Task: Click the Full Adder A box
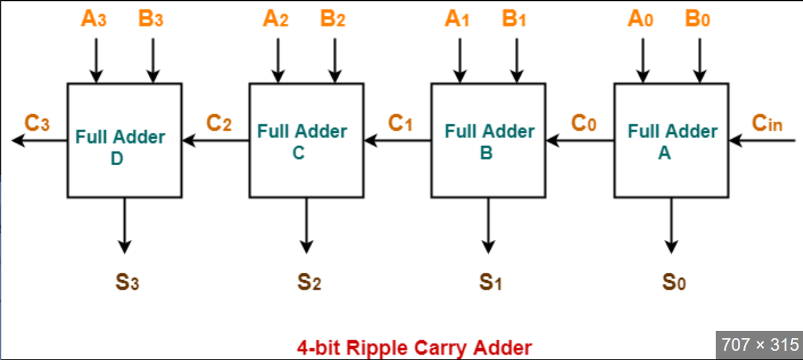click(x=671, y=140)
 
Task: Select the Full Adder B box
click(x=488, y=140)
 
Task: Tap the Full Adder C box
click(x=306, y=140)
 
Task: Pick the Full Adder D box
click(x=124, y=140)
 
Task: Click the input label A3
click(x=94, y=19)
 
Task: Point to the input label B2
click(x=332, y=19)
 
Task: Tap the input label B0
click(x=698, y=19)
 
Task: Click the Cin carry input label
click(x=767, y=123)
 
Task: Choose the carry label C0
click(x=584, y=124)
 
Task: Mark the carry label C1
click(x=401, y=124)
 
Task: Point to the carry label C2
click(x=219, y=124)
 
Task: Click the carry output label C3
click(x=37, y=124)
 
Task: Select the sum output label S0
click(x=674, y=282)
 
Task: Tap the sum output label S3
click(x=126, y=282)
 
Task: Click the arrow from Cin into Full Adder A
click(x=760, y=140)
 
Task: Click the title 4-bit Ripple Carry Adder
click(x=414, y=347)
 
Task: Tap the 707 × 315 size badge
click(x=759, y=344)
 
